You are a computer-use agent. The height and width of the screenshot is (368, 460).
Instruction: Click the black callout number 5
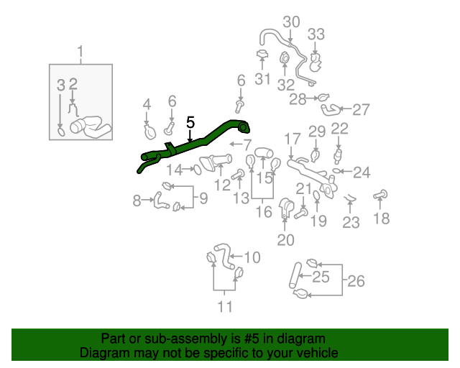pyautogui.click(x=190, y=122)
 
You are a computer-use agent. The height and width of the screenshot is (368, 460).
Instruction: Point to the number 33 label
pyautogui.click(x=316, y=34)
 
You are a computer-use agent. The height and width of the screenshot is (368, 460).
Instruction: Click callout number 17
pyautogui.click(x=291, y=138)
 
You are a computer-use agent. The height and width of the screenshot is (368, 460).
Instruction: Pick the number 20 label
pyautogui.click(x=285, y=240)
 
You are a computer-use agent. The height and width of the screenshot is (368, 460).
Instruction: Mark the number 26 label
pyautogui.click(x=356, y=281)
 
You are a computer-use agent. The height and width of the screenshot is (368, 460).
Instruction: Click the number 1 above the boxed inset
pyautogui.click(x=80, y=52)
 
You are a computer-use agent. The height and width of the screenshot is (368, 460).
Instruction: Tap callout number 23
pyautogui.click(x=350, y=223)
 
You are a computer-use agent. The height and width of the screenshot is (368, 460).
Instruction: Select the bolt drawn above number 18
pyautogui.click(x=380, y=194)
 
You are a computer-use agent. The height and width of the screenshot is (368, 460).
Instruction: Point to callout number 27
pyautogui.click(x=360, y=110)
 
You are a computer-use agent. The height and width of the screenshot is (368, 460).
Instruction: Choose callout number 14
pyautogui.click(x=175, y=170)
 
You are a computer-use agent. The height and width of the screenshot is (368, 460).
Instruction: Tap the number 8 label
pyautogui.click(x=137, y=201)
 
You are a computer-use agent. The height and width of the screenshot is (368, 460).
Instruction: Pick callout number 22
pyautogui.click(x=339, y=129)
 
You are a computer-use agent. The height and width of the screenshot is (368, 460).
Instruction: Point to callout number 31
pyautogui.click(x=262, y=78)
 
